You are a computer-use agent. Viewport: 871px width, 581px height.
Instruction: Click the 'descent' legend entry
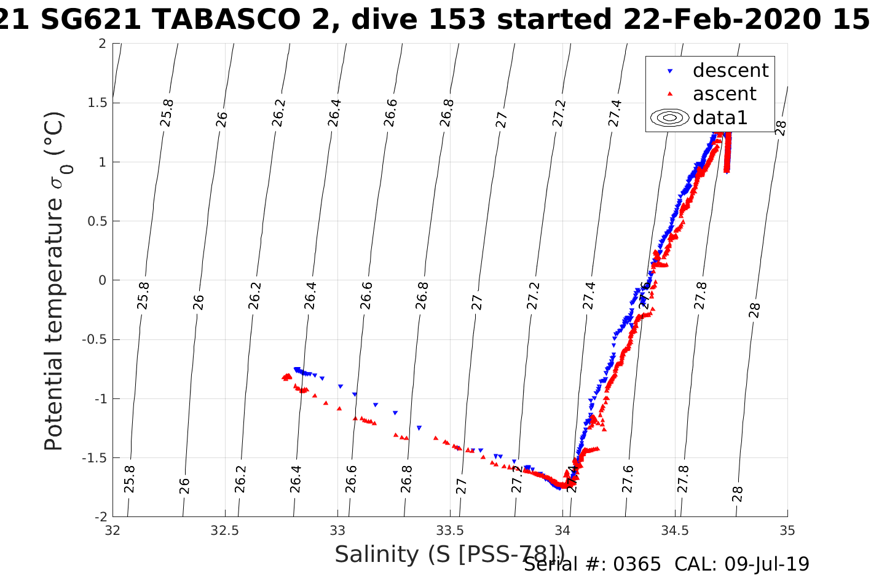[730, 71]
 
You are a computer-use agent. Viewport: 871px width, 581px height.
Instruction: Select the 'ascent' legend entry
[724, 94]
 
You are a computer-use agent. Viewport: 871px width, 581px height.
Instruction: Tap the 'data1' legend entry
[720, 117]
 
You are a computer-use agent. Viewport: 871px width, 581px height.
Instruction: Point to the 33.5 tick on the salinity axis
[450, 530]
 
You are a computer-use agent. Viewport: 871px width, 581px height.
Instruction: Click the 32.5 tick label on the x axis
[225, 530]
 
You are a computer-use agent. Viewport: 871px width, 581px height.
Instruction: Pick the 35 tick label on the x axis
[787, 530]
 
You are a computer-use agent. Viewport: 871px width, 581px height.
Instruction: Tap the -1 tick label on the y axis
[100, 399]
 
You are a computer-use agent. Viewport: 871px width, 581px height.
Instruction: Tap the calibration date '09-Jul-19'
[767, 564]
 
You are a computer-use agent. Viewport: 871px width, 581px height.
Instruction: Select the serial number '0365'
[637, 564]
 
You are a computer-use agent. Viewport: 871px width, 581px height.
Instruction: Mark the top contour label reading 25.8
[167, 113]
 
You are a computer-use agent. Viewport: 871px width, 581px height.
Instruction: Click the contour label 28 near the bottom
[738, 494]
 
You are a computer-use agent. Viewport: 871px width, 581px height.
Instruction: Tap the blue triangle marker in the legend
[670, 71]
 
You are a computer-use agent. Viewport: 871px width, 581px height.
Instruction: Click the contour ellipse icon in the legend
[669, 117]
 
